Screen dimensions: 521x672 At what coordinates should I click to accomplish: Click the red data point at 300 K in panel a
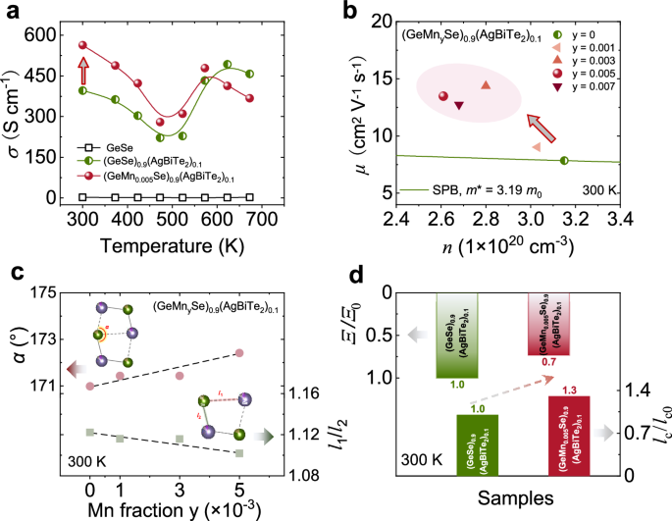[x=83, y=45]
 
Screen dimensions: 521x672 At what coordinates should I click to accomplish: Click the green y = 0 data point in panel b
[x=563, y=161]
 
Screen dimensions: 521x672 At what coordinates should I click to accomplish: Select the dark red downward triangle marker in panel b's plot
[x=459, y=105]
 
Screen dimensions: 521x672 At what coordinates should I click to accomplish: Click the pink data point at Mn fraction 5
[x=239, y=352]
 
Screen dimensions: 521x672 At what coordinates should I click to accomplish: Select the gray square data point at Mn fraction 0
[x=90, y=432]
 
